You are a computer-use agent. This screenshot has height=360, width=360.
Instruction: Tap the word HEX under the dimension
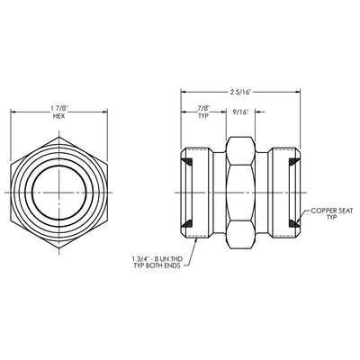(58, 116)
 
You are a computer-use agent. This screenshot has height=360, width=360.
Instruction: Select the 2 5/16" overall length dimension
(240, 92)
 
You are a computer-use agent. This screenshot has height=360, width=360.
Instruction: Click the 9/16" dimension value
(240, 112)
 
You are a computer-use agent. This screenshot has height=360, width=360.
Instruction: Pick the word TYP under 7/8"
(203, 116)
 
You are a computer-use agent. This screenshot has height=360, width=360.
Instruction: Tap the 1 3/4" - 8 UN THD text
(157, 258)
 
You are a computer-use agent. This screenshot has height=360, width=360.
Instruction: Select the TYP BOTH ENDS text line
(157, 265)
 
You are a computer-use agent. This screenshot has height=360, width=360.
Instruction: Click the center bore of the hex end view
(59, 192)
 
